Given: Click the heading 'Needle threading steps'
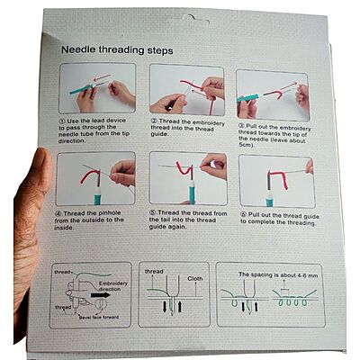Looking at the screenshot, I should (118, 51).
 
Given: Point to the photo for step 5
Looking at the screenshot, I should (185, 176).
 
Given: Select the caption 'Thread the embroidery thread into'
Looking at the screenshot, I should (185, 128).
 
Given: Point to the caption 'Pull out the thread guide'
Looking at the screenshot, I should (274, 217).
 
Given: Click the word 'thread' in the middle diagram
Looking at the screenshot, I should (154, 271).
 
